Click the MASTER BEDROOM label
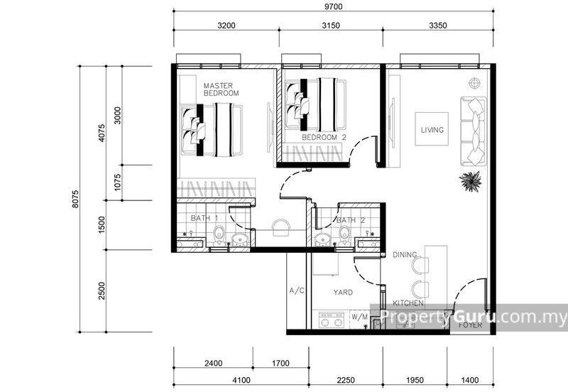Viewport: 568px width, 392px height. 221,89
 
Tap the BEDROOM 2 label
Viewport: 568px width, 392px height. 324,137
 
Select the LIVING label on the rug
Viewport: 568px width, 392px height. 432,130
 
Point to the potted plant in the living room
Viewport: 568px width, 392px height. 471,181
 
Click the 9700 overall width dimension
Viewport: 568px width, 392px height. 333,6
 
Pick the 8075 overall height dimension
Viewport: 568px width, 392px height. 75,199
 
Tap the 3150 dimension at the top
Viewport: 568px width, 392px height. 331,26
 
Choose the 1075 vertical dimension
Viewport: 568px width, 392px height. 117,183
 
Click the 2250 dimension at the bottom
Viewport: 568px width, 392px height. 346,380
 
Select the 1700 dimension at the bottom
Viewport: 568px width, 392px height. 280,363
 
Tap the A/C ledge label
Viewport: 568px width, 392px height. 297,290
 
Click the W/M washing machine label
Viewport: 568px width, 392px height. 359,317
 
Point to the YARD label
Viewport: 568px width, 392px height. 343,292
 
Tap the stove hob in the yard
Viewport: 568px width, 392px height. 331,320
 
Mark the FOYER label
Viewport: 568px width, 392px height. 470,325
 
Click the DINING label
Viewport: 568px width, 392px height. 405,255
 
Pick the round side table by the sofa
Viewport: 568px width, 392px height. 474,84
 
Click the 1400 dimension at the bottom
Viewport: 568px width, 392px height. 469,380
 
